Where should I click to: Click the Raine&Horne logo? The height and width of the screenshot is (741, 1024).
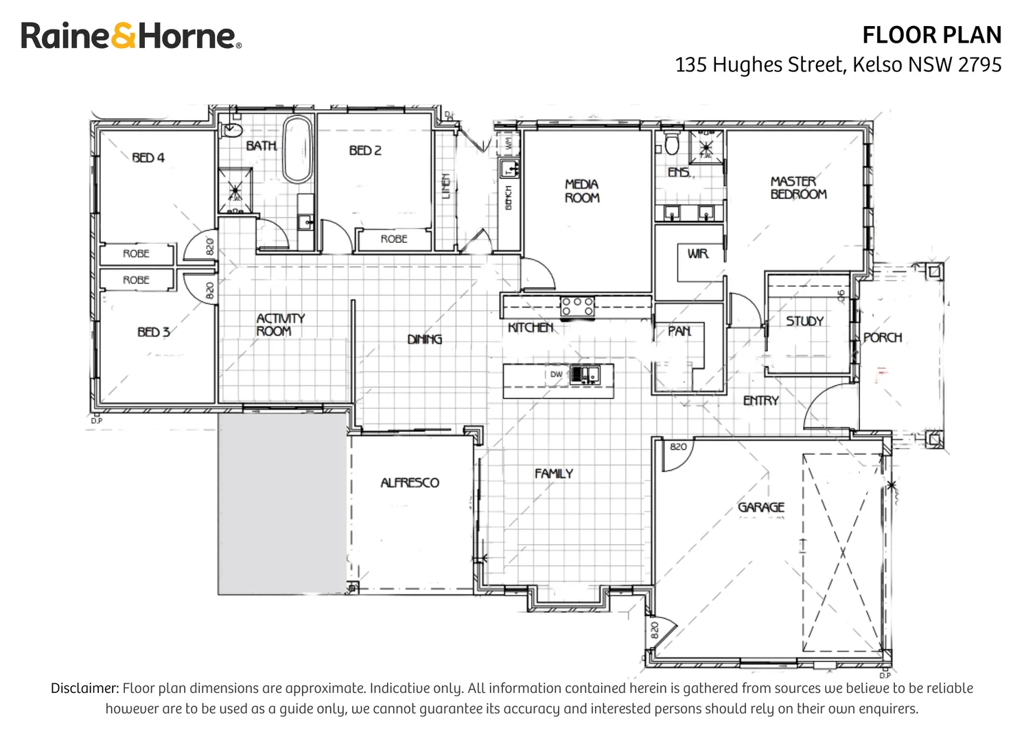click(131, 36)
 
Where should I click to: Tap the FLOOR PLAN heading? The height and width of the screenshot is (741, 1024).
click(931, 35)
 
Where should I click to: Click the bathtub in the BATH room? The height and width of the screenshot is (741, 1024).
click(297, 149)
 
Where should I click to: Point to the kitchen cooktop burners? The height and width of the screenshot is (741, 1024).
click(577, 306)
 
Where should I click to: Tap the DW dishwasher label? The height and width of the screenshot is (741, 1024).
click(556, 375)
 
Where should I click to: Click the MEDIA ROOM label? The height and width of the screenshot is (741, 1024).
click(582, 191)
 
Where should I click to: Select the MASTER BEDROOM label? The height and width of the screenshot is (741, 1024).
click(798, 187)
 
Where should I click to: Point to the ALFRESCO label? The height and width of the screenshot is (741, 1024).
click(410, 482)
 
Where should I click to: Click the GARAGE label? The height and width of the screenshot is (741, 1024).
click(760, 507)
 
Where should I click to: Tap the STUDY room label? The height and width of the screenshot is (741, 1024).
click(804, 321)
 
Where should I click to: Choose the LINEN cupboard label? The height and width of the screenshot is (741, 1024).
click(446, 186)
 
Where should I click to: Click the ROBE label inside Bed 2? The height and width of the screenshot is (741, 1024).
click(394, 239)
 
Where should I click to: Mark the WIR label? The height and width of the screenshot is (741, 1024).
click(697, 254)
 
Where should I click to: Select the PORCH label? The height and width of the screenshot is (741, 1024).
click(883, 338)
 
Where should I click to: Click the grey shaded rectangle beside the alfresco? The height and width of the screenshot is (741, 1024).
click(281, 503)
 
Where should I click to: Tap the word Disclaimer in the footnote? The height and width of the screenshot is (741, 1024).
click(85, 688)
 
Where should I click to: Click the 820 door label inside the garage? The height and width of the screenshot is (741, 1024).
click(678, 447)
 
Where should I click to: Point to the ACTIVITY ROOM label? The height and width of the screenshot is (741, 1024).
click(280, 325)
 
